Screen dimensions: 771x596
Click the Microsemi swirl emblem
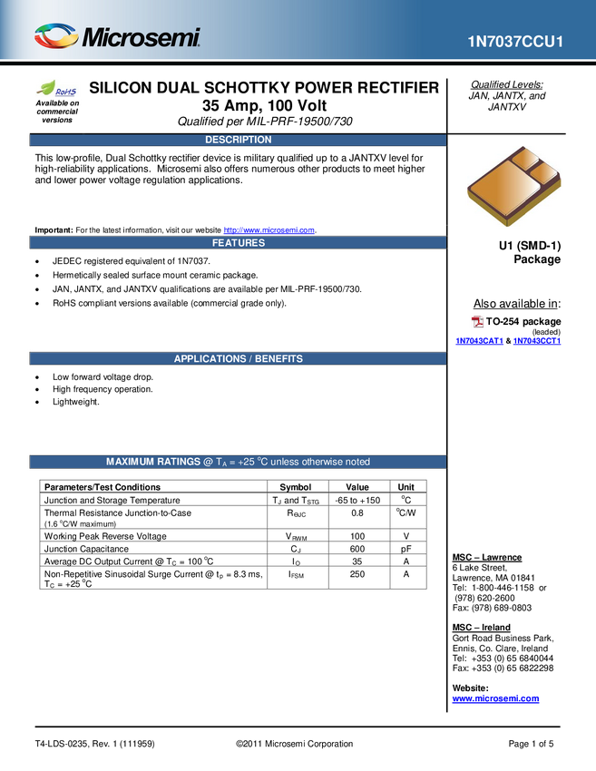55,36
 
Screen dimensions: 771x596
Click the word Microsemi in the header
141,37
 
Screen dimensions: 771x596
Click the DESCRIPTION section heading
238,140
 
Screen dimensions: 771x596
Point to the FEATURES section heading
239,243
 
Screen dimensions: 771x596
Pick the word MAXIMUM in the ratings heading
131,462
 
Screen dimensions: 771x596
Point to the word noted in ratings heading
356,462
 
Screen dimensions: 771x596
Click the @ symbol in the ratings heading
208,462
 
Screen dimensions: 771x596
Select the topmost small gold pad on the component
523,160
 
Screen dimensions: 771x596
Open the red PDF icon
478,321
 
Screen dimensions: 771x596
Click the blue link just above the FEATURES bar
269,229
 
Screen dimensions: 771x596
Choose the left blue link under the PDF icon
478,341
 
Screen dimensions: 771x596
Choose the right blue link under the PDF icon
536,341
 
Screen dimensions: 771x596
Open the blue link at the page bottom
495,699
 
